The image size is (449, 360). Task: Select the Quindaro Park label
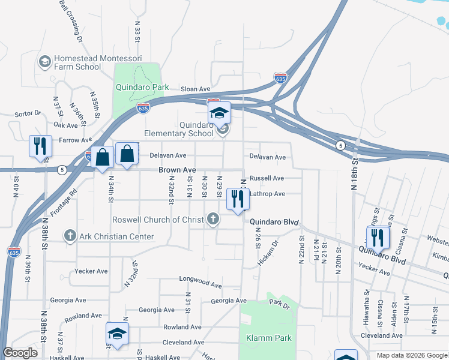[142, 87]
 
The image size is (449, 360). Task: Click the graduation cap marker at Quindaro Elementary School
[220, 113]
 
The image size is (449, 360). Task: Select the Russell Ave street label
[267, 178]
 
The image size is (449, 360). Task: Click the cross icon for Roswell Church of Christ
[213, 219]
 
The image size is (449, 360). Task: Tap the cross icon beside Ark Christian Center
[70, 236]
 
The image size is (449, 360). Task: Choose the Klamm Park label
[269, 338]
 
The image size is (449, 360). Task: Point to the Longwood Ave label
[200, 279]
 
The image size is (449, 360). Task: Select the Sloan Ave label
[195, 89]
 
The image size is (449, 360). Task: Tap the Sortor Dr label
[27, 113]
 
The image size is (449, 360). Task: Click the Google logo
[20, 353]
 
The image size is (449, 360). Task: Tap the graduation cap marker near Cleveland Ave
[118, 334]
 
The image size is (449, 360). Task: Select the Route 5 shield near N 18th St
[340, 146]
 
